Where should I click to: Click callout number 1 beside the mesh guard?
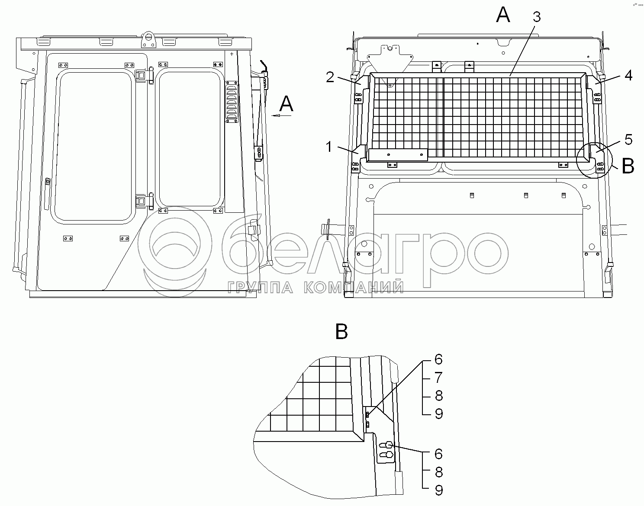coord(329,147)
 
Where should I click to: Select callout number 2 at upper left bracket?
coord(330,77)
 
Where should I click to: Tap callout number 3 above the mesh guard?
coord(537,17)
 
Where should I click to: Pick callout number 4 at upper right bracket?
coord(628,75)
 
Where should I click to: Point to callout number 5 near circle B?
coord(628,140)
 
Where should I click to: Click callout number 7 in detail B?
coord(438,377)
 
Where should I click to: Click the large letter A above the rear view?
coord(503,15)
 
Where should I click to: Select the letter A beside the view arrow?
coord(286,104)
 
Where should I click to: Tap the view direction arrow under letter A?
coord(281,115)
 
